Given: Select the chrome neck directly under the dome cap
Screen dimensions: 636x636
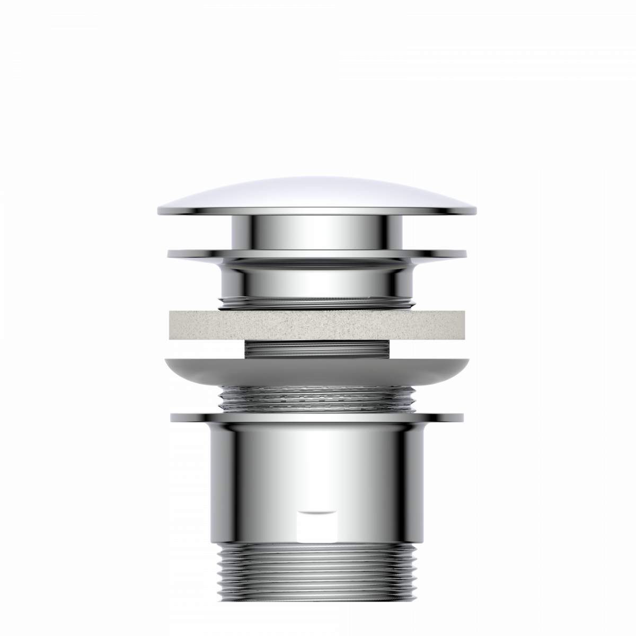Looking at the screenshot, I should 318,233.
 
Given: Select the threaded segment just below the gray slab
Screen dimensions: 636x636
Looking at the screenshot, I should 318,349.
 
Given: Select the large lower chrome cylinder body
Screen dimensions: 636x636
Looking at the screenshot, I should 318,466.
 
